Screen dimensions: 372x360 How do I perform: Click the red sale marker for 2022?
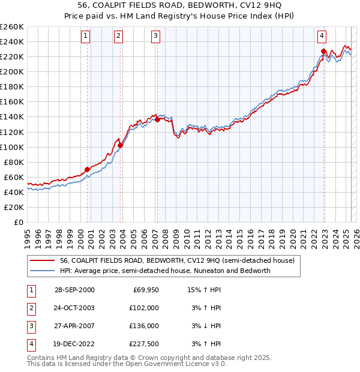pyautogui.click(x=323, y=51)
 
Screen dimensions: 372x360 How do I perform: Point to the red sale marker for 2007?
pyautogui.click(x=158, y=119)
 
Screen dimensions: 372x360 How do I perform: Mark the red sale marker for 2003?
pyautogui.click(x=121, y=145)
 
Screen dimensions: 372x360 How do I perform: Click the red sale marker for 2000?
pyautogui.click(x=88, y=169)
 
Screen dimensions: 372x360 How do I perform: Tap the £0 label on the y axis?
pyautogui.click(x=19, y=222)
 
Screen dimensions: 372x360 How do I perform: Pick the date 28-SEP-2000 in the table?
pyautogui.click(x=74, y=290)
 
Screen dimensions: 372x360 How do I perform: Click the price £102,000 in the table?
pyautogui.click(x=145, y=308)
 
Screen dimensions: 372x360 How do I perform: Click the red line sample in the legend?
pyautogui.click(x=42, y=261)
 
